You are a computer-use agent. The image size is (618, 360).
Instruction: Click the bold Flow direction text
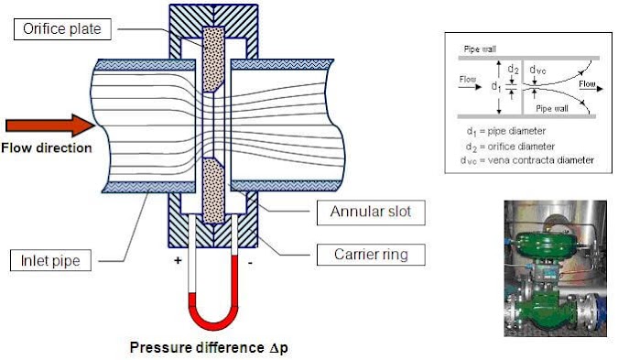point(46,147)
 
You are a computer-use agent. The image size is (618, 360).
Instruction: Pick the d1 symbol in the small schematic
point(494,86)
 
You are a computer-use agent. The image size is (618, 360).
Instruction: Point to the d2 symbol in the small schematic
point(514,68)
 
